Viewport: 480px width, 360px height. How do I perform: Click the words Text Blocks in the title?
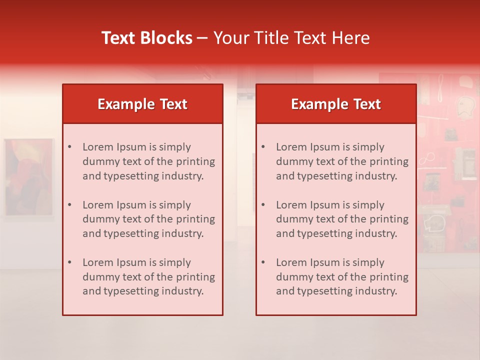146,38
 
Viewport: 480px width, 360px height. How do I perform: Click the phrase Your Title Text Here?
291,38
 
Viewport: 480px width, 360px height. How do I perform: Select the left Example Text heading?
142,104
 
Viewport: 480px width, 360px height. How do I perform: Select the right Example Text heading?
336,104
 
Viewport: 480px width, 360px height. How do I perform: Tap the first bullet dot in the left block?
69,147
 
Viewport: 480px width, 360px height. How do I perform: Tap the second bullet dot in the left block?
69,205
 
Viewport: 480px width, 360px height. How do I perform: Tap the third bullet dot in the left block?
69,262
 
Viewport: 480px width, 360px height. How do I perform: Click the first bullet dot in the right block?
263,147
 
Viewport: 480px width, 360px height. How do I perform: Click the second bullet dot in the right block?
263,205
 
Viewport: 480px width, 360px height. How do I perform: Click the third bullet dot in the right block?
263,262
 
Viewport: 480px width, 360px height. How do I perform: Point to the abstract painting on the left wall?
28,177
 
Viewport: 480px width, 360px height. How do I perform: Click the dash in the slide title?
202,38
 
